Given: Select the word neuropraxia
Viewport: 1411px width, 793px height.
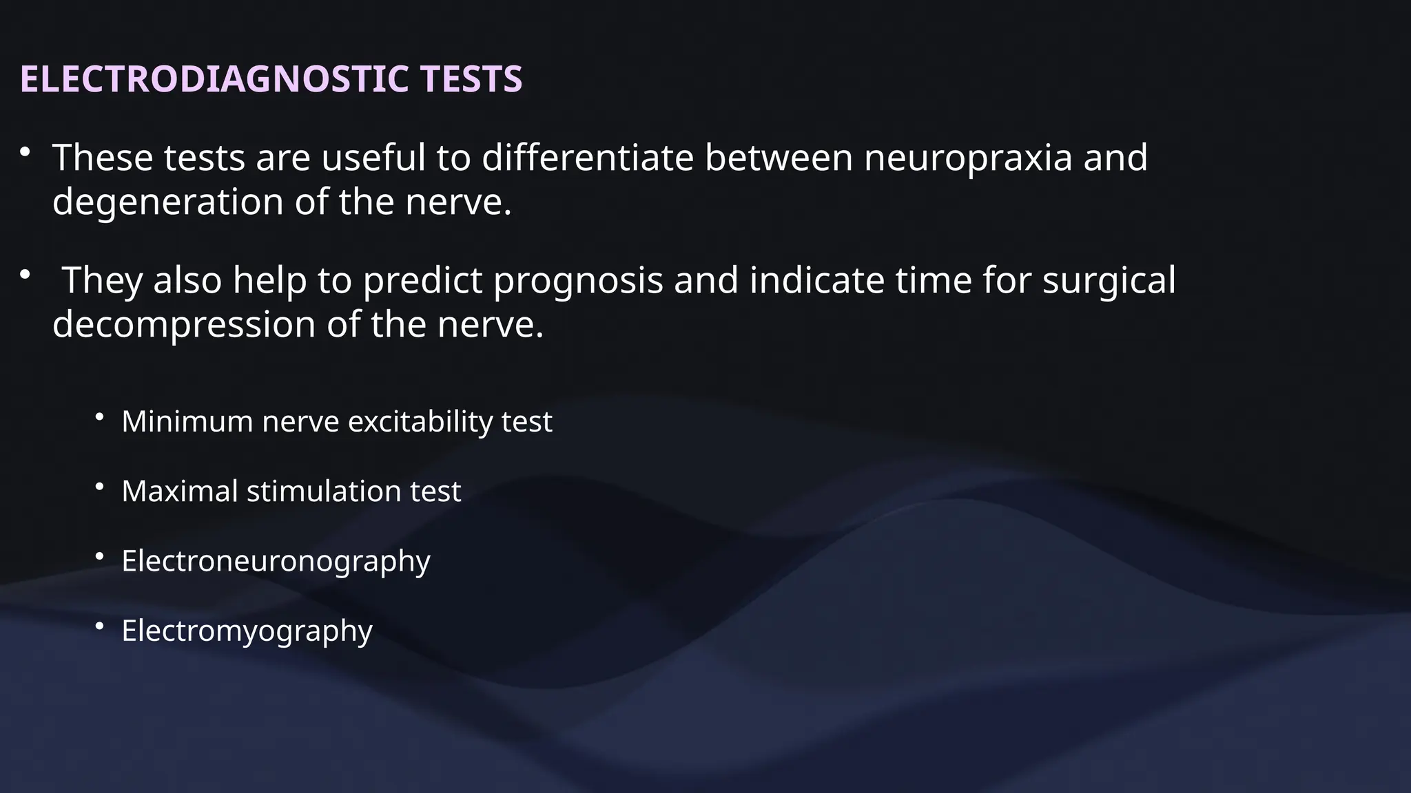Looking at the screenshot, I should coord(968,158).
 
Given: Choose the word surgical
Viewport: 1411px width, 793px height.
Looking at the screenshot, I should coord(1109,281).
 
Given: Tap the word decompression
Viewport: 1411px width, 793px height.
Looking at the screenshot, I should coord(184,324).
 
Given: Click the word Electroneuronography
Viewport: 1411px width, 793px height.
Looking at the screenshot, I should coord(276,561).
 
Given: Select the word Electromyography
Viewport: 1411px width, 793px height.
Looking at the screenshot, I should coord(247,631).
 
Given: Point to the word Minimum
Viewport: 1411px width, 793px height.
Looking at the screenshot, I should coord(187,421).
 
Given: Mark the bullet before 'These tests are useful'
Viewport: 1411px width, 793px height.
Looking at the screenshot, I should coord(25,152).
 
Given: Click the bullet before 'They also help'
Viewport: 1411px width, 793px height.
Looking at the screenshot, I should coord(25,275).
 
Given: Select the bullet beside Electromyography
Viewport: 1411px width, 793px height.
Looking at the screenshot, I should coord(99,625).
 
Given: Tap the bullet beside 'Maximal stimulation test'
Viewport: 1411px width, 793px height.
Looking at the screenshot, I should coord(99,486).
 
